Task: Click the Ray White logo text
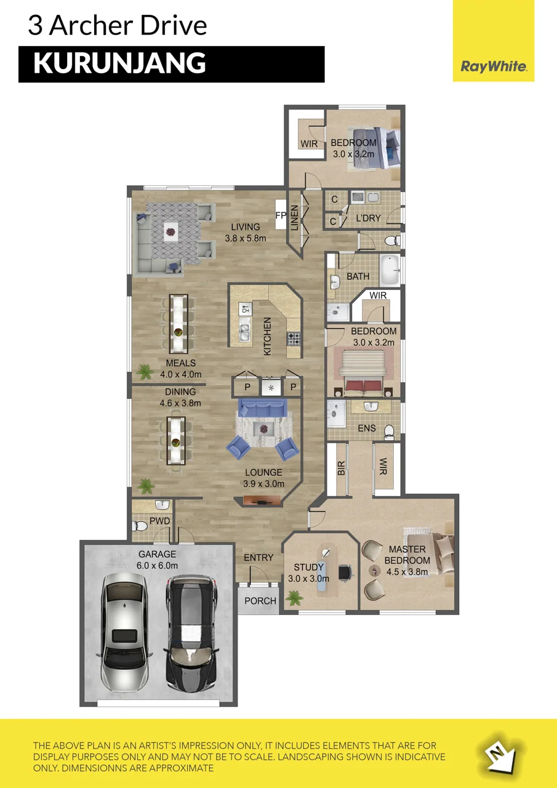pyautogui.click(x=494, y=66)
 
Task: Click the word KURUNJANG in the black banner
pyautogui.click(x=119, y=63)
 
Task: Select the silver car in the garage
pyautogui.click(x=124, y=632)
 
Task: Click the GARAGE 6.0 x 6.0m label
pyautogui.click(x=157, y=560)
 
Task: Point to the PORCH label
pyautogui.click(x=260, y=601)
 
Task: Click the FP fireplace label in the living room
pyautogui.click(x=281, y=215)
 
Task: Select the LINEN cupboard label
pyautogui.click(x=294, y=218)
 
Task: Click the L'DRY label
pyautogui.click(x=368, y=218)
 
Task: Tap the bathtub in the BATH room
pyautogui.click(x=390, y=270)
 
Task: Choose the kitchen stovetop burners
pyautogui.click(x=294, y=339)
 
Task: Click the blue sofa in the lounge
pyautogui.click(x=263, y=408)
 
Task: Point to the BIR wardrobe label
pyautogui.click(x=341, y=468)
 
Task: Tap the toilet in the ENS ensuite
pyautogui.click(x=389, y=432)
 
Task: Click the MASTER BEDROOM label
pyautogui.click(x=407, y=560)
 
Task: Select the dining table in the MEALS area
pyautogui.click(x=178, y=323)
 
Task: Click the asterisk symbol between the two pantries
pyautogui.click(x=271, y=388)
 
